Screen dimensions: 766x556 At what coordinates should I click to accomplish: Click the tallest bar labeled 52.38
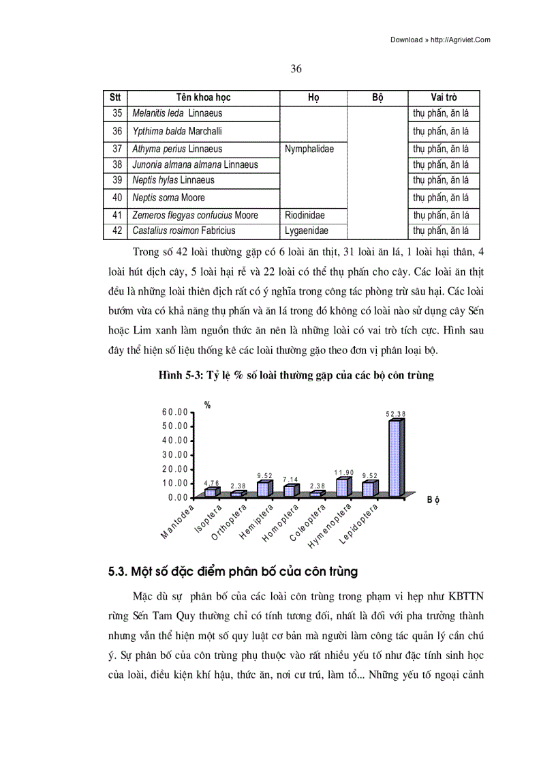tap(395, 456)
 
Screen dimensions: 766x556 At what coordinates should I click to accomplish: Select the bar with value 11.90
tap(343, 487)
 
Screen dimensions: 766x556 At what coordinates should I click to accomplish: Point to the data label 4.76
tap(212, 483)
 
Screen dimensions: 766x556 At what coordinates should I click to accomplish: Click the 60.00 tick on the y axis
tap(175, 412)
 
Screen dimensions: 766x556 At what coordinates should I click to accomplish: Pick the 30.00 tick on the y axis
tap(175, 455)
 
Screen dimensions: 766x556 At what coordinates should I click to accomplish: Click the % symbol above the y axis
tap(208, 405)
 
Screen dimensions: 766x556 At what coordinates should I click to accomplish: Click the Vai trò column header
tap(444, 98)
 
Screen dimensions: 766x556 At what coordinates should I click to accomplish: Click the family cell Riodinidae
tap(305, 215)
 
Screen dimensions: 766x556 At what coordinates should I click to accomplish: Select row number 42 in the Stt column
tap(117, 231)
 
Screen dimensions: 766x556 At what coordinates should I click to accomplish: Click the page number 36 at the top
tap(296, 69)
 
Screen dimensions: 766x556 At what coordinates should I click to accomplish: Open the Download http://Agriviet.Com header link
tap(440, 40)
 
